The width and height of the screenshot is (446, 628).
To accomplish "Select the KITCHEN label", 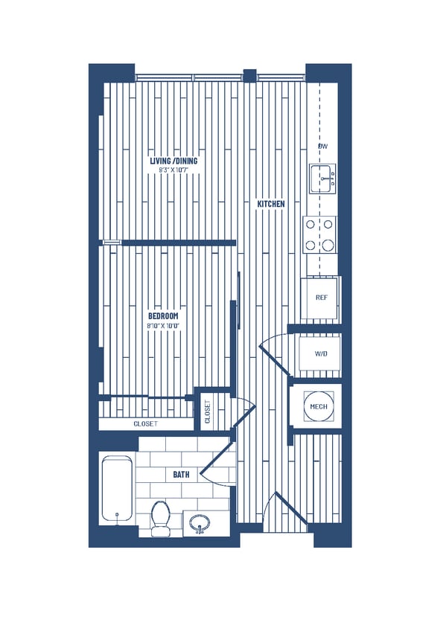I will [271, 204].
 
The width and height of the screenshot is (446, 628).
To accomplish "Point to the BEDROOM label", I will [164, 316].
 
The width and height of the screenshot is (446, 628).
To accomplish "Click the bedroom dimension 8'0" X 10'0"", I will [164, 326].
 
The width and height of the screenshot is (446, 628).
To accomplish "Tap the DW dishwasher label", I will [323, 147].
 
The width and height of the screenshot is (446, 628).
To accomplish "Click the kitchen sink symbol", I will [322, 179].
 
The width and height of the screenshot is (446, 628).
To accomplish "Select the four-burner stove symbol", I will [319, 234].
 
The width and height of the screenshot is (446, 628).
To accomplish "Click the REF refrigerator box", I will [321, 298].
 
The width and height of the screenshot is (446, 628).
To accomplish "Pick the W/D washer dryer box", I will [321, 353].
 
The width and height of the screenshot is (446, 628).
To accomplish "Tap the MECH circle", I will [319, 406].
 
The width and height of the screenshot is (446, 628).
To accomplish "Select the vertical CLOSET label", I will [208, 412].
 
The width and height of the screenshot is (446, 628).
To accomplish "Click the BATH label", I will [181, 473].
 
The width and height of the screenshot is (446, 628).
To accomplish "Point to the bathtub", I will [117, 490].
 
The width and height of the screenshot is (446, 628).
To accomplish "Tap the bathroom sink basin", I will [200, 524].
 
